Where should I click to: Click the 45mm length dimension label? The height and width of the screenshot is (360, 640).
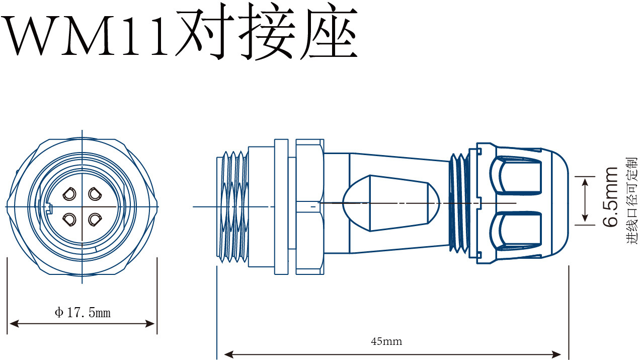click(x=386, y=342)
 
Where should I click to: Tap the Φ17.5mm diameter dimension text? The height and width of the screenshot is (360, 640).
click(x=83, y=313)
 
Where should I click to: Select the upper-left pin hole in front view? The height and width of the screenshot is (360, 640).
click(x=69, y=193)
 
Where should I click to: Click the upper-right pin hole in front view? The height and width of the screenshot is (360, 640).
click(x=94, y=193)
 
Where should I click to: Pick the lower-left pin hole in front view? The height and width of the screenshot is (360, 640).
click(x=69, y=219)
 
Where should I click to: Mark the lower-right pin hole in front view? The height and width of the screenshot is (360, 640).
click(x=94, y=219)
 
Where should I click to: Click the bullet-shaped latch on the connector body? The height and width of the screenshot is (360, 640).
click(x=390, y=203)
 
